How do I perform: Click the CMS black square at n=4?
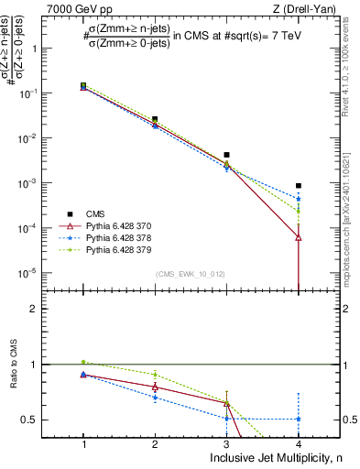299,186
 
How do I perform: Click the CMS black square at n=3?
226,155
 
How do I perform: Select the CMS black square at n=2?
155,119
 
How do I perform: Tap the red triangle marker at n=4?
299,237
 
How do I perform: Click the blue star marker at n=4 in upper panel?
299,199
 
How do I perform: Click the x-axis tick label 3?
226,443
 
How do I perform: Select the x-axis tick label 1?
83,443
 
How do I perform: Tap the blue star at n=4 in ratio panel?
299,419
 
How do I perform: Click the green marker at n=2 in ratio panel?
155,374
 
